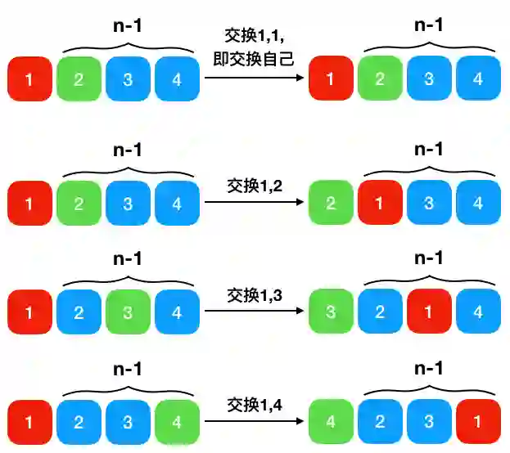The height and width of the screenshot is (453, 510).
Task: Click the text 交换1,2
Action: [254, 186]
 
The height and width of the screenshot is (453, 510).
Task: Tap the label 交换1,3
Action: [254, 294]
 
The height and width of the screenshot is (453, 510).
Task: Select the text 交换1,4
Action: [254, 404]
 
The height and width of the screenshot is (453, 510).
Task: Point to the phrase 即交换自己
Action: [254, 59]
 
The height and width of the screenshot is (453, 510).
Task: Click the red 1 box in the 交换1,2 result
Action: [380, 203]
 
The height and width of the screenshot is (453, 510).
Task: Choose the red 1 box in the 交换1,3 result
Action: [429, 312]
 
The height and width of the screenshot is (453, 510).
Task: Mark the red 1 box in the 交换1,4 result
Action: [478, 422]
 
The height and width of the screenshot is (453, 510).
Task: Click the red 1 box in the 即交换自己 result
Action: [330, 78]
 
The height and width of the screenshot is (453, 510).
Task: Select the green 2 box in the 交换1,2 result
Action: [330, 203]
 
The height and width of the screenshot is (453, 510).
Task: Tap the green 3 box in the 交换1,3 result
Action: [330, 312]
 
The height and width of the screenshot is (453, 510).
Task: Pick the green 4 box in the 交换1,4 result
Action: [330, 422]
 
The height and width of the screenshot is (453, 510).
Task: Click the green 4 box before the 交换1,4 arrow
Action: [177, 422]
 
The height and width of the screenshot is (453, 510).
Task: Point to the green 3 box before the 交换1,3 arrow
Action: [128, 312]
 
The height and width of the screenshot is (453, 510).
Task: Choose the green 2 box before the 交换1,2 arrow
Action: [79, 203]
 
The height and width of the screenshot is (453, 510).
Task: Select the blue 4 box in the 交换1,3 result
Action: [478, 312]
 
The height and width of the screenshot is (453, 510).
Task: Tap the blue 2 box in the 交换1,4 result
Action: [380, 422]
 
